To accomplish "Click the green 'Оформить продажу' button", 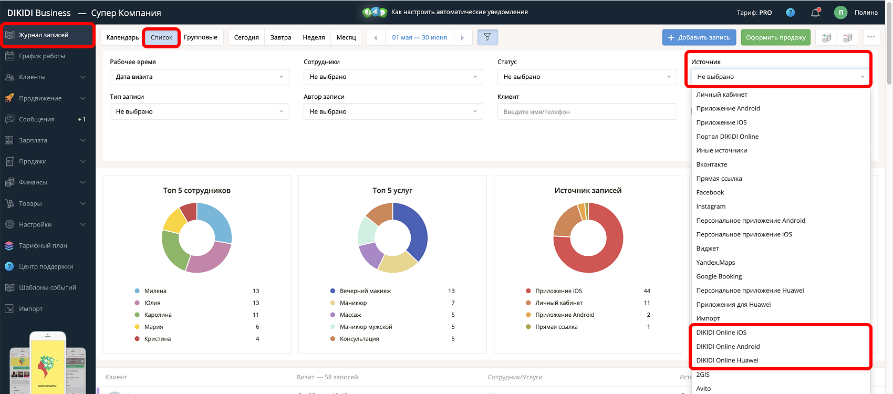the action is click(x=775, y=37).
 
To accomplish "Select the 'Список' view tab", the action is click(x=161, y=37).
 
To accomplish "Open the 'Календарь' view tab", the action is click(x=122, y=37).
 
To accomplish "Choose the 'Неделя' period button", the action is click(x=314, y=37).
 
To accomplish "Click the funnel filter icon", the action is click(x=487, y=37).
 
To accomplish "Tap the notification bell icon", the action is click(x=816, y=13).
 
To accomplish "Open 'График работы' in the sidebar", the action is click(x=42, y=56).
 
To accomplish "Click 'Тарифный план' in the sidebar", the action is click(x=43, y=245).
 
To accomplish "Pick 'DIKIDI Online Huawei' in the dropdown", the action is click(x=727, y=360).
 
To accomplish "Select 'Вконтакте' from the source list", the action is click(x=712, y=164).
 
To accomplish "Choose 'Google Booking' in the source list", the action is click(x=719, y=276).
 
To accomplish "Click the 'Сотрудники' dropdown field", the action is click(x=393, y=77).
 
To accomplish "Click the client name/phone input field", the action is click(x=587, y=112).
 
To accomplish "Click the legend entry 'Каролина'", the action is click(x=158, y=315).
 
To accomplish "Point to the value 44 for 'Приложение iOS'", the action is click(x=647, y=291).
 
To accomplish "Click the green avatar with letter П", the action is click(x=840, y=13).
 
